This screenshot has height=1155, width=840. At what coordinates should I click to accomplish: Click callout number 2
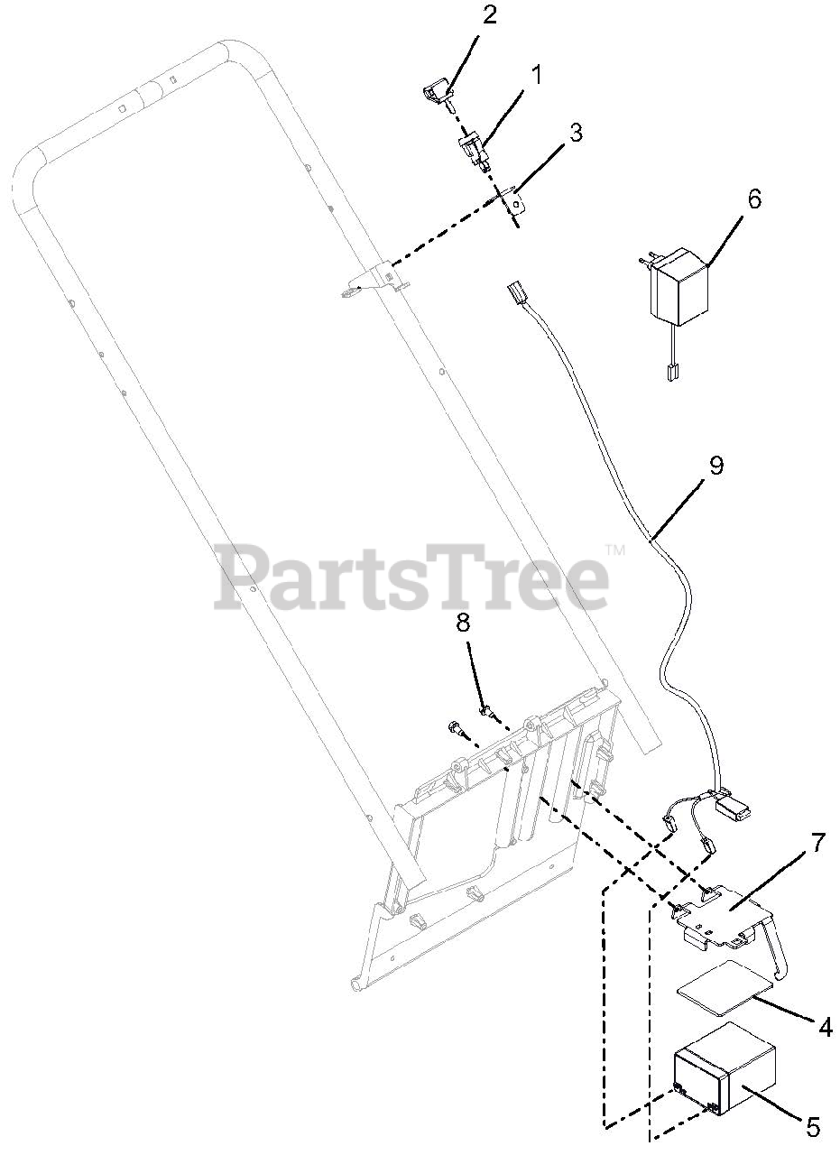pyautogui.click(x=489, y=16)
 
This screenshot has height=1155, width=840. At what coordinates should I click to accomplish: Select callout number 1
pyautogui.click(x=536, y=75)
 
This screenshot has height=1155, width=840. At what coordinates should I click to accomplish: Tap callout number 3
pyautogui.click(x=574, y=133)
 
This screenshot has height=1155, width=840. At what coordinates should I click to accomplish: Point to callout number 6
pyautogui.click(x=754, y=199)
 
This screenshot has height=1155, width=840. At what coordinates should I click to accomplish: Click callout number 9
pyautogui.click(x=715, y=466)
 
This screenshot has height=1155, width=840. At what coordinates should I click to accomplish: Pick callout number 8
pyautogui.click(x=463, y=622)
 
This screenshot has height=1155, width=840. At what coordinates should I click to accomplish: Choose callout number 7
pyautogui.click(x=817, y=843)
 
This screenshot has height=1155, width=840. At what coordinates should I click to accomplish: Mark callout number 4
pyautogui.click(x=825, y=1026)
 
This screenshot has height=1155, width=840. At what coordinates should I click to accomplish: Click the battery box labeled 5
pyautogui.click(x=725, y=1075)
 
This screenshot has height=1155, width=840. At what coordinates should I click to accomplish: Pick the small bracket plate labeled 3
pyautogui.click(x=514, y=202)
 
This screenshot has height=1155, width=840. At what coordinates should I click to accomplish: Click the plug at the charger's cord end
pyautogui.click(x=670, y=371)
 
